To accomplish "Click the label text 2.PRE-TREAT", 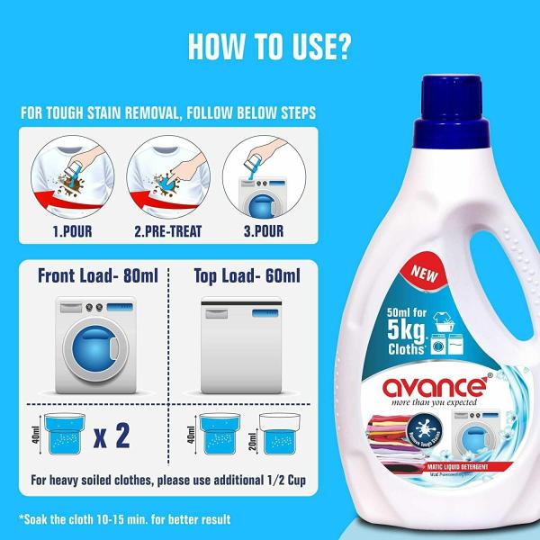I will [166, 232].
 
